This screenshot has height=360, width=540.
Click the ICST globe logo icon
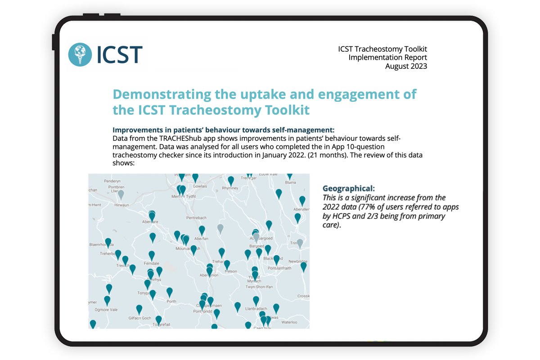(80, 54)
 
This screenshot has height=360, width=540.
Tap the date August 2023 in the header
(406, 66)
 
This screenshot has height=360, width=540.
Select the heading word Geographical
(348, 188)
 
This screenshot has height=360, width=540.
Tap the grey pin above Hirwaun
(121, 193)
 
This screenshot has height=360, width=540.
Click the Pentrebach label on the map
(196, 218)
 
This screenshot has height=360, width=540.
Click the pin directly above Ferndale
(152, 255)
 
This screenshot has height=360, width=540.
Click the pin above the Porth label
(170, 292)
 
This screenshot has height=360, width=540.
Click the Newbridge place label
(298, 261)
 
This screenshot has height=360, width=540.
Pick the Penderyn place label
(113, 181)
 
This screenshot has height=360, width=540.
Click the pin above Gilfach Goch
(139, 309)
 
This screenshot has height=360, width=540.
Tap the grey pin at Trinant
(300, 243)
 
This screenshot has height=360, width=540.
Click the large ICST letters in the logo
(119, 54)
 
